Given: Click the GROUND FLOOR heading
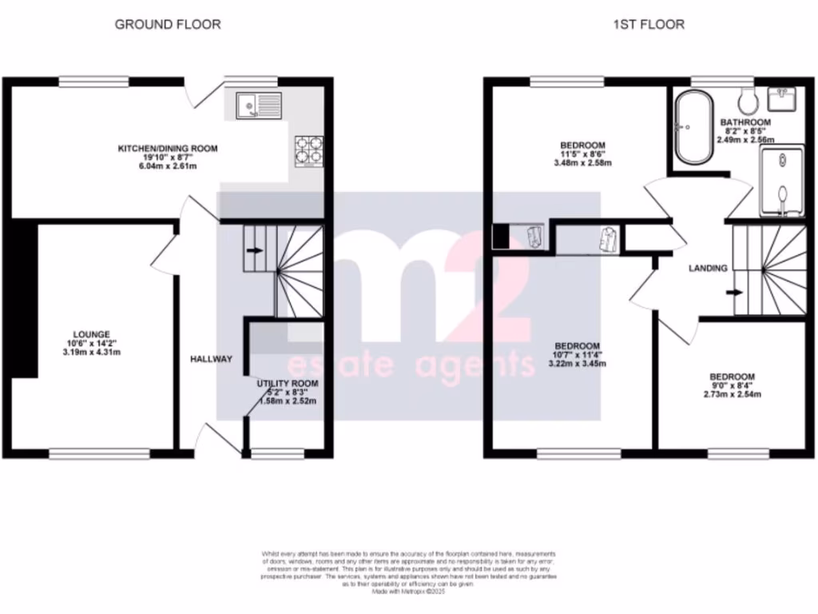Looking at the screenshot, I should pyautogui.click(x=168, y=24).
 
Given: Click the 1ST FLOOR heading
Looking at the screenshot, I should pyautogui.click(x=648, y=24).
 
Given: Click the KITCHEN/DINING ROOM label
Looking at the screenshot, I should pyautogui.click(x=168, y=149).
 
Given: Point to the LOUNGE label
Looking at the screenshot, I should pyautogui.click(x=92, y=334).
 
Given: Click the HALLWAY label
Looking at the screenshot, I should pyautogui.click(x=211, y=359).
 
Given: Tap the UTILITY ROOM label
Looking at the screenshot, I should pyautogui.click(x=287, y=384).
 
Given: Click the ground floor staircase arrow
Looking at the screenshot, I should pyautogui.click(x=255, y=250).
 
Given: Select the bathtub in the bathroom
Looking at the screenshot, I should pyautogui.click(x=688, y=127).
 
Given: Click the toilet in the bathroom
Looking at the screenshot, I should pyautogui.click(x=749, y=101).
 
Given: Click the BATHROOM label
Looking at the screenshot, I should pyautogui.click(x=747, y=122).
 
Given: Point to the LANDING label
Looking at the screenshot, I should pyautogui.click(x=709, y=268).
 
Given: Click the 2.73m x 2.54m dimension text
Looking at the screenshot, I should pyautogui.click(x=733, y=395).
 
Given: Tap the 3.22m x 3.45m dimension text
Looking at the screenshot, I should pyautogui.click(x=577, y=364).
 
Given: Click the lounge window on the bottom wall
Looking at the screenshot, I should pyautogui.click(x=83, y=453).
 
